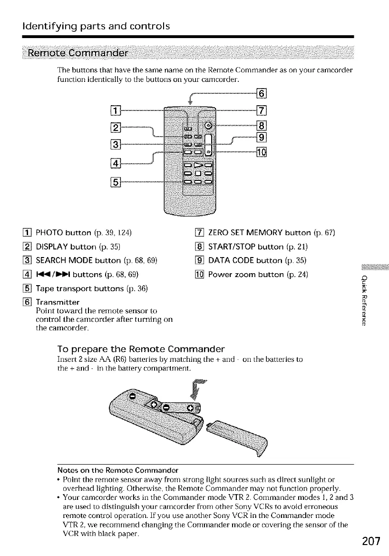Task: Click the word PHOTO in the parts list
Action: click(40, 233)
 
